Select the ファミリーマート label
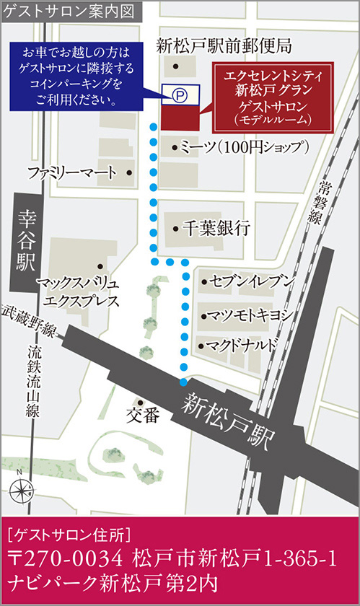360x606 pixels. [x=71, y=173]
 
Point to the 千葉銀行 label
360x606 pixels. [x=216, y=229]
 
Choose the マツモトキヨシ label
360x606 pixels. [x=249, y=314]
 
